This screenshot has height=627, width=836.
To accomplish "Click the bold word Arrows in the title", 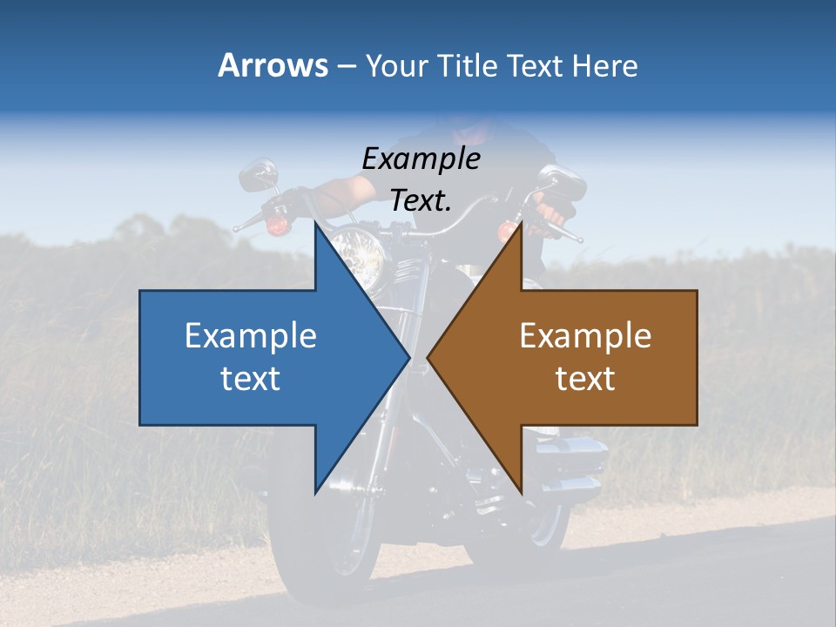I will (x=273, y=65).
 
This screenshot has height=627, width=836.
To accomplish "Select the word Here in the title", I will (x=604, y=65).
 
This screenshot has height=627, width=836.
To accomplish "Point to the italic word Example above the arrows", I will (x=421, y=158).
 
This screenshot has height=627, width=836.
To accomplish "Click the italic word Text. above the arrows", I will (x=421, y=200).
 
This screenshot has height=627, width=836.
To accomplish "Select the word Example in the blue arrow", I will (x=251, y=335).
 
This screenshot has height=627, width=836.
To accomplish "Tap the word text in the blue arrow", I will (x=251, y=378).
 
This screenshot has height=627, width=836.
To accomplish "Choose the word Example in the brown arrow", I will (x=585, y=335).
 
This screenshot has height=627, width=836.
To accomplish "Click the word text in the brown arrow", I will (x=585, y=378).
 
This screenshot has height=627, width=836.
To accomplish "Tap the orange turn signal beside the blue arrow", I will (x=278, y=226).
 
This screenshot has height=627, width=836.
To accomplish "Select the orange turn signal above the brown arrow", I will (x=507, y=231).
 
